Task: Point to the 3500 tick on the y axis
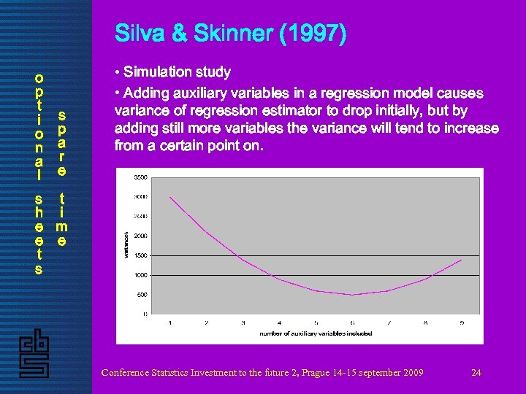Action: [140, 177]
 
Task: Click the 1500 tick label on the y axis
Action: [140, 255]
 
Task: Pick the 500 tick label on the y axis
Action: [142, 295]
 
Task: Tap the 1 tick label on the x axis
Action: [170, 322]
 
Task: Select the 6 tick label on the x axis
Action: [352, 322]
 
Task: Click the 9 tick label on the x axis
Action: [462, 322]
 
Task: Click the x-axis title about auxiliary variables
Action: [316, 333]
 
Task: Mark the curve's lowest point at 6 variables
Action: [352, 295]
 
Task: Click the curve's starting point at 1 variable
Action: [170, 197]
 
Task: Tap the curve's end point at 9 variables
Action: [462, 260]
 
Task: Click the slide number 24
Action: [476, 373]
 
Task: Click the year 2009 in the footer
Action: [412, 373]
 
